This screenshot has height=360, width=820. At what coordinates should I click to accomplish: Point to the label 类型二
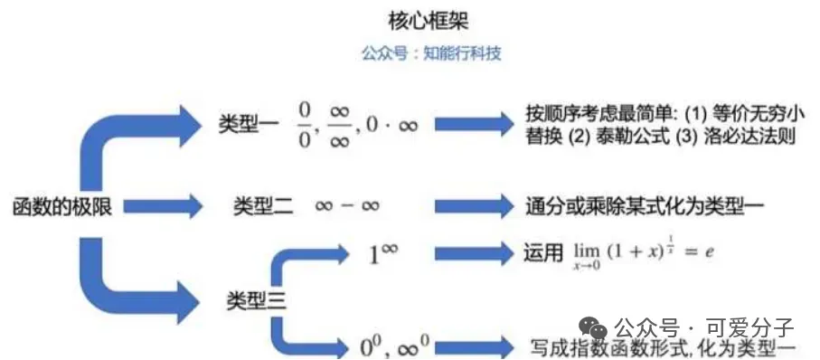click(263, 207)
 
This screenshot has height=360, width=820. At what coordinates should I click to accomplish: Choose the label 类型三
click(257, 301)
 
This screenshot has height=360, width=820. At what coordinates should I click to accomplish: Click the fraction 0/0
click(305, 124)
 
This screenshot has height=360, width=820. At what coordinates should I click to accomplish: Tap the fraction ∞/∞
click(340, 124)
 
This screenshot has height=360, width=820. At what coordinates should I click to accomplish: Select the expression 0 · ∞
click(391, 125)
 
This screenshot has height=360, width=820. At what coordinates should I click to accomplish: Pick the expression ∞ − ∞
click(347, 207)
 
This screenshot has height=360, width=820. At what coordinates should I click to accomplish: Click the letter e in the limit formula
click(710, 252)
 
